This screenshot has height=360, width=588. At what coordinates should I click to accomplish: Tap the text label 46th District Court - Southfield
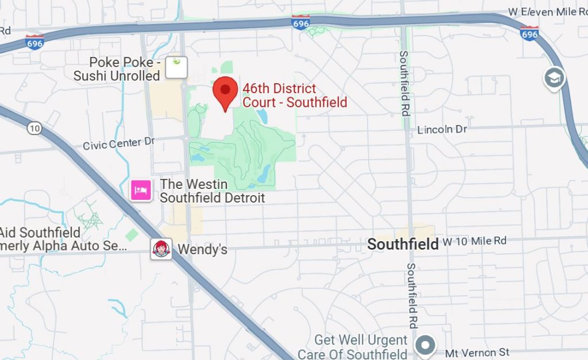pos(295,96)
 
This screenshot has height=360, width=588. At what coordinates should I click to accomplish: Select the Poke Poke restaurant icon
pos(176,67)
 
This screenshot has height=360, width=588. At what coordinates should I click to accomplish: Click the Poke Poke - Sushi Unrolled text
pos(117,69)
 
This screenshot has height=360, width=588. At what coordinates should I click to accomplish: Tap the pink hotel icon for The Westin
pos(141,189)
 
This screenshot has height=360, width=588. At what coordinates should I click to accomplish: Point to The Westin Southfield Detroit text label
pos(212,191)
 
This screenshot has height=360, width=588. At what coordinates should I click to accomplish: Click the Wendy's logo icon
pos(161,249)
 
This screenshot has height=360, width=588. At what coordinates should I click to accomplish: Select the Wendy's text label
pos(203,250)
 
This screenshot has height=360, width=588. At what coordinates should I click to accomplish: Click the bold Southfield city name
pos(403,244)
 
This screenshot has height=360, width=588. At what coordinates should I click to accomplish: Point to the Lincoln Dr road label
pos(442,130)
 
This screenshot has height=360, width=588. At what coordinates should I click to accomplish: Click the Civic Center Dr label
pos(119,143)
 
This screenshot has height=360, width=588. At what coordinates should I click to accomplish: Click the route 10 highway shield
pos(34,129)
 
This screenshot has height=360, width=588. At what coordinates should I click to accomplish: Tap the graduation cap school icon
pos(554,79)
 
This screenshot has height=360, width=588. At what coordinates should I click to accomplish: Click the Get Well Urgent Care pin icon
pos(425,346)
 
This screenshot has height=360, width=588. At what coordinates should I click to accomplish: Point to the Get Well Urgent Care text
pos(360,347)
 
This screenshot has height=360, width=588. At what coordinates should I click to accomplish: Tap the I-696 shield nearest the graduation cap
pos(529,33)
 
